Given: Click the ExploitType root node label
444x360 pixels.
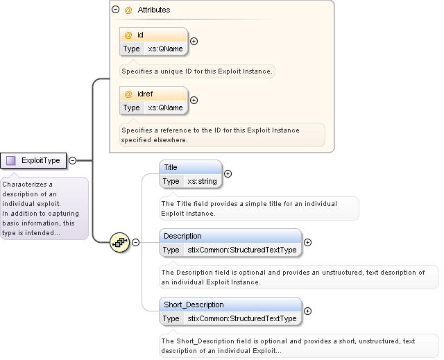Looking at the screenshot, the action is tap(41, 160).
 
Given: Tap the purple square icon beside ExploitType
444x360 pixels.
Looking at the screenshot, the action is tap(11, 160).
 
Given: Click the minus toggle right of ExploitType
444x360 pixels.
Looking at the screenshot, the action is tap(72, 160).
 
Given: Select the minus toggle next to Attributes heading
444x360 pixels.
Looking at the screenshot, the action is tap(116, 9).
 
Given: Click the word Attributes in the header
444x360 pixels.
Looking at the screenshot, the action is tap(154, 10).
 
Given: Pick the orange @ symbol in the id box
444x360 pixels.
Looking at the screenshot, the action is tap(128, 35).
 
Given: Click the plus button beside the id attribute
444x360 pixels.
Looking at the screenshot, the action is tap(194, 42).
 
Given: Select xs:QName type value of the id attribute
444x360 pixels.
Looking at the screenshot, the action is tap(165, 49).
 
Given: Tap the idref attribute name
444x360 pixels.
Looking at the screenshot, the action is tap(145, 94).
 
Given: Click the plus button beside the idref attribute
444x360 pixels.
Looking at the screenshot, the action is tap(194, 100).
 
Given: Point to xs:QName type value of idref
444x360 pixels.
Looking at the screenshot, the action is tap(165, 108).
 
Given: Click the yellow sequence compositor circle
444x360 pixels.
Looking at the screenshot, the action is tap(120, 242).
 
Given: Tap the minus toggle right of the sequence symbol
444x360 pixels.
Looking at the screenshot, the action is tap(136, 242).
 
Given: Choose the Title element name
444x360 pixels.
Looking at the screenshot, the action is tap(171, 167).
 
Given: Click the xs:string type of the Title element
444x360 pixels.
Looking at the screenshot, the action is tap(202, 181).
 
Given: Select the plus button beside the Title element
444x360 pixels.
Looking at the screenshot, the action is tap(228, 174).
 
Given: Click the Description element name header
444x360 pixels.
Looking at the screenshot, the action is tap(182, 236).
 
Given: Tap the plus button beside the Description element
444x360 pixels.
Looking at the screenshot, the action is tap(307, 243).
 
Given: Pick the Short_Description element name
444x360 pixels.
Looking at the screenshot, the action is tap(194, 305).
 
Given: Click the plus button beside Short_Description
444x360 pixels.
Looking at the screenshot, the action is tap(307, 311).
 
